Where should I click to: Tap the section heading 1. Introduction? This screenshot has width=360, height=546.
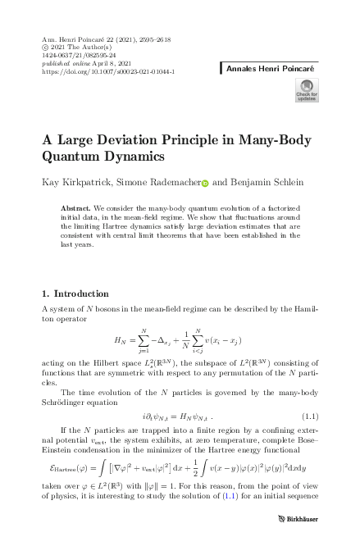(x=75, y=293)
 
